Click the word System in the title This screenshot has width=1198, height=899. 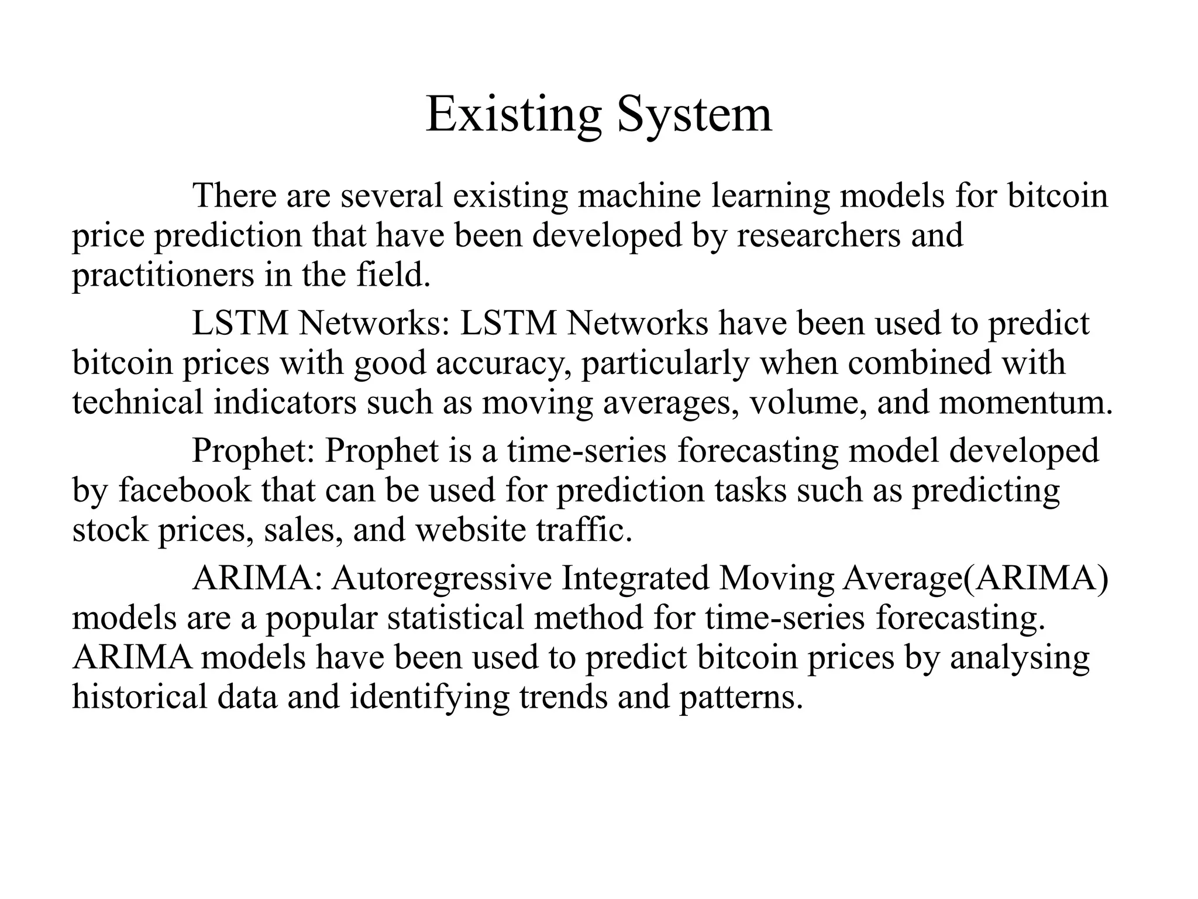point(694,114)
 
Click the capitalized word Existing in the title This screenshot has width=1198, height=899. point(513,114)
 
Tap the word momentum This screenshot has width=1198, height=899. point(1025,403)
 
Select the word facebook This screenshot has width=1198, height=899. point(184,490)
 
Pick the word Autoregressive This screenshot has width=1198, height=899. point(442,578)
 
